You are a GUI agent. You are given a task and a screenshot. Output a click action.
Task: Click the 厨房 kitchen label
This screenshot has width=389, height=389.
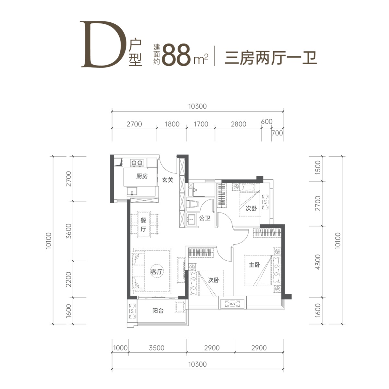pos(142,176)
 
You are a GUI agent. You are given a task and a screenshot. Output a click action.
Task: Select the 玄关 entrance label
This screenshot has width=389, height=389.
pos(168,180)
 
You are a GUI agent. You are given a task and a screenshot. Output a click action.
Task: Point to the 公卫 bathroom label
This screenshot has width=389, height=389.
pos(205,218)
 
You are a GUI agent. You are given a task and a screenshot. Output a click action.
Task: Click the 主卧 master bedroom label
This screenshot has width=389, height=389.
pos(254,265)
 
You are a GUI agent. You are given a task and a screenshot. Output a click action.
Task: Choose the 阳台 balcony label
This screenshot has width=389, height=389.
pos(158,311)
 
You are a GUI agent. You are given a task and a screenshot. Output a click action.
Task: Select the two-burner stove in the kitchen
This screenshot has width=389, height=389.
pos(137,162)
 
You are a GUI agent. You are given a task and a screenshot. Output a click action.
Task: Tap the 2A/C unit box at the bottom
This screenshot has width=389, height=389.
pos(231,304)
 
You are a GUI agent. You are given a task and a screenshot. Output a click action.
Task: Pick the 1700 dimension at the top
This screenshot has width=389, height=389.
pos(201,124)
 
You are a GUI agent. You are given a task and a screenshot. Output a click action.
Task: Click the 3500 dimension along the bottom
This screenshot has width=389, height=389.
pos(157,348)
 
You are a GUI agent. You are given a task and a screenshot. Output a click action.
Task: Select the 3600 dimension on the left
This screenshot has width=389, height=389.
pos(68,231)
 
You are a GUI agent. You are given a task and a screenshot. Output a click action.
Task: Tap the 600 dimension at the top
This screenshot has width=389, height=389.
pos(266,122)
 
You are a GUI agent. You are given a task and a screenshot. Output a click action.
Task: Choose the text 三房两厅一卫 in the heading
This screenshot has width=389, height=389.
pos(270,59)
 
